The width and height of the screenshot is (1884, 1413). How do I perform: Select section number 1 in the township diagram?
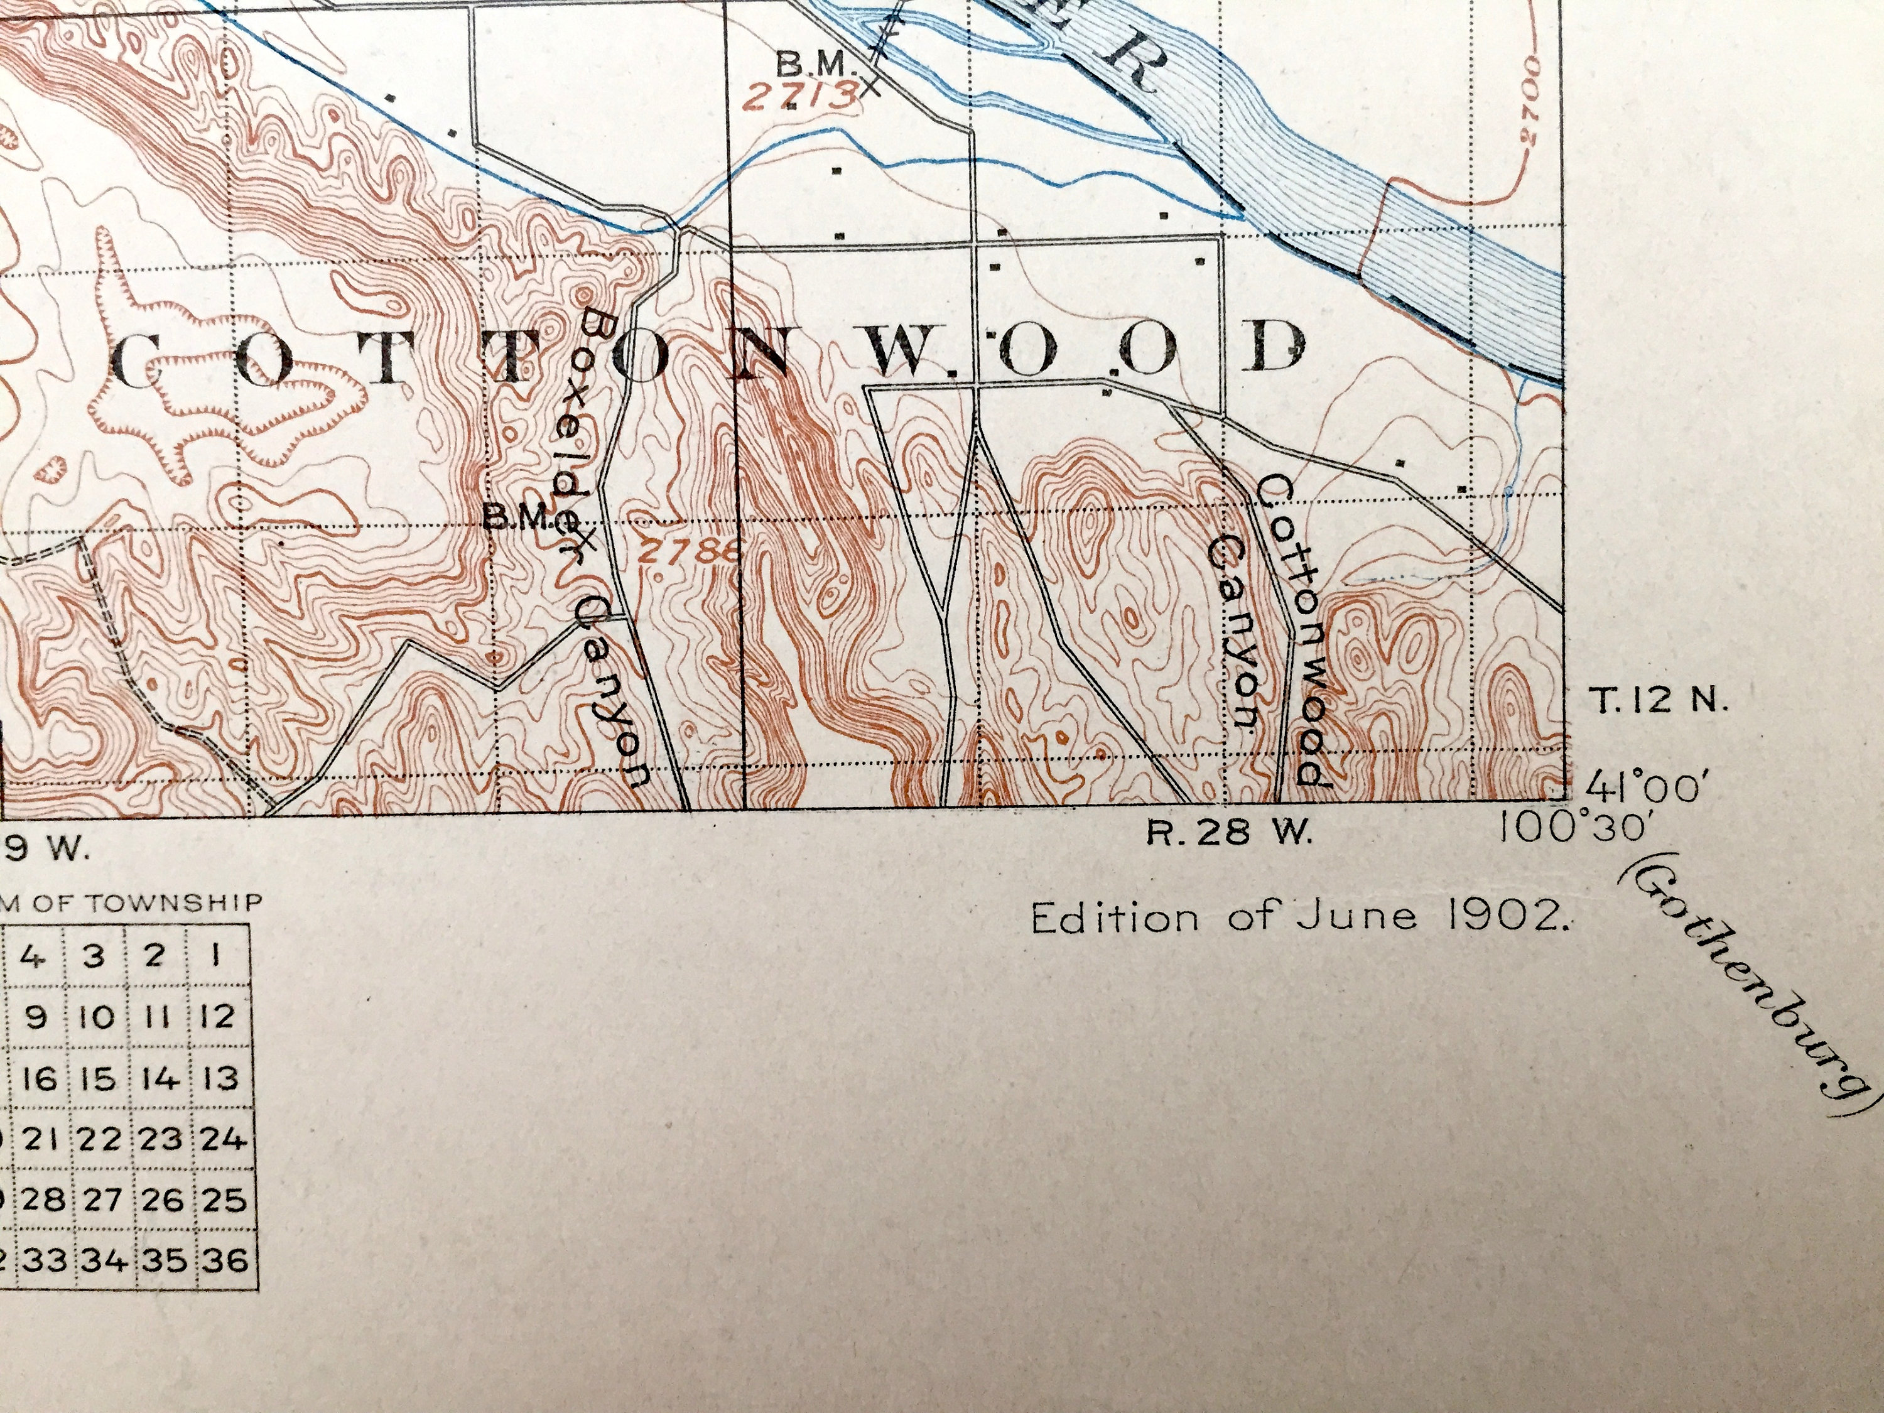[218, 956]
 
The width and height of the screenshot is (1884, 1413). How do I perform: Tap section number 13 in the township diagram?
[222, 1079]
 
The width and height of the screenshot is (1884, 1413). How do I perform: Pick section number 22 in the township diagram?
[100, 1139]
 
